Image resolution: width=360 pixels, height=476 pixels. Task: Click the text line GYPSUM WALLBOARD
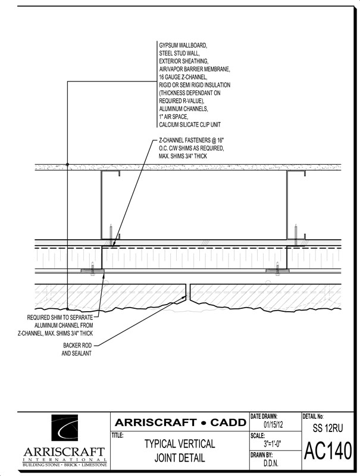(183, 46)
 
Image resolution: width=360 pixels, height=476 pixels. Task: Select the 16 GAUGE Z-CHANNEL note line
(183, 77)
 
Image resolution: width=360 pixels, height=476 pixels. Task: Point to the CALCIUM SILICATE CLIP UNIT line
(190, 124)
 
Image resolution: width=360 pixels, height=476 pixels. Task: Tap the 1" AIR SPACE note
(174, 117)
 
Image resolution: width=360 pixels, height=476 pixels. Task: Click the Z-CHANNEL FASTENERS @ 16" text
(191, 140)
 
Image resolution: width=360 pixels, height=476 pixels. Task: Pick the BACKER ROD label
(77, 346)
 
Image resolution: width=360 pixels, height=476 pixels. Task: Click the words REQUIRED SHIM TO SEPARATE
(60, 318)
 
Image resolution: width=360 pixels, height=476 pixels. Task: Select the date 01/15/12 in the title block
(273, 424)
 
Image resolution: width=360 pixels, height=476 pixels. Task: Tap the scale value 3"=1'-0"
(273, 444)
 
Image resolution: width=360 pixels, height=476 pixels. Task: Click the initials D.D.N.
(271, 464)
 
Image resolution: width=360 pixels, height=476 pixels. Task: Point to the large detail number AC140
(328, 450)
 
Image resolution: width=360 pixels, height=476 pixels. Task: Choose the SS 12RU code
(328, 428)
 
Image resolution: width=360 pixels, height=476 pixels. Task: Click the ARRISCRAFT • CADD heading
(181, 422)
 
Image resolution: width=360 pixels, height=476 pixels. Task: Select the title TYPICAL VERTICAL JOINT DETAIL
(180, 450)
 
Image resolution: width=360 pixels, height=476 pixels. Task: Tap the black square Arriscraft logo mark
(64, 427)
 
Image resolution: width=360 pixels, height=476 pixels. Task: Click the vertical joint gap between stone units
(188, 293)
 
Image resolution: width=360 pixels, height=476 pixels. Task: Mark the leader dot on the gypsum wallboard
(67, 164)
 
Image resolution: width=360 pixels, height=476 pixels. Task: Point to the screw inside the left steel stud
(111, 232)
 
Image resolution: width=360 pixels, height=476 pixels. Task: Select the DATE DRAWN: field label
(264, 416)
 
